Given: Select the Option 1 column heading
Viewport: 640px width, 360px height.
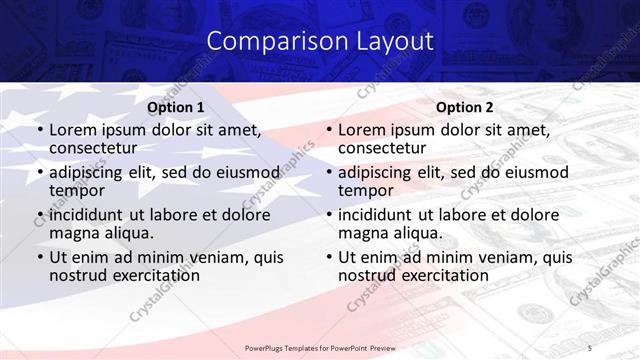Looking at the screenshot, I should (x=176, y=107).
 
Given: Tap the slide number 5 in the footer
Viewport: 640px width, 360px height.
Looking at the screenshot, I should (x=590, y=347).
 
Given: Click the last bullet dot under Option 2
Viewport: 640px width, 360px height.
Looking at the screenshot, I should (x=329, y=257).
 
